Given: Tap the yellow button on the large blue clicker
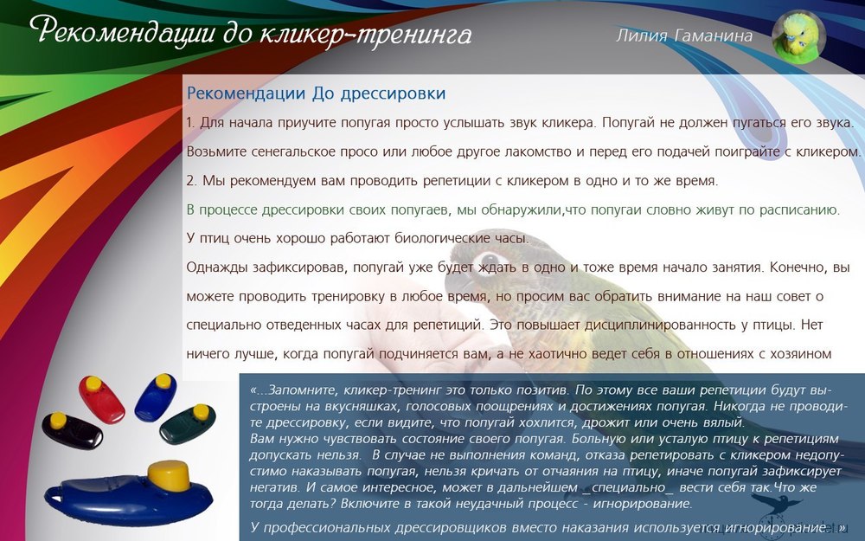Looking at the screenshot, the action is [x=169, y=475].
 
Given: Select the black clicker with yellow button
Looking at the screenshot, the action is [x=72, y=430].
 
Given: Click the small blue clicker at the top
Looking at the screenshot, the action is [x=156, y=397].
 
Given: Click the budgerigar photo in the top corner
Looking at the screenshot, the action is [x=798, y=36].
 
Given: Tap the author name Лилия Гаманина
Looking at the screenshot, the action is [x=684, y=35].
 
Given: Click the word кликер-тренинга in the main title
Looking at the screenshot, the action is [x=365, y=35].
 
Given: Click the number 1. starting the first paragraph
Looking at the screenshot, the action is [x=191, y=123].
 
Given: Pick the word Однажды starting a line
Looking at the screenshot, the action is [x=217, y=267].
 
